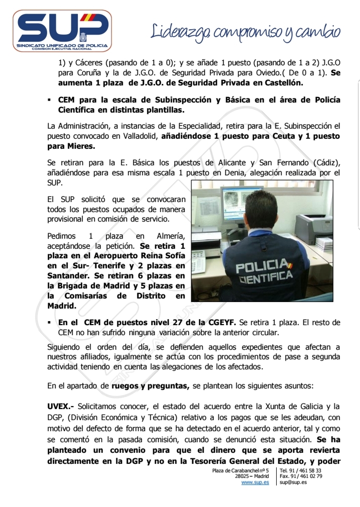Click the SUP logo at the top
[x=61, y=31]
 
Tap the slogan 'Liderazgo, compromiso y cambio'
[x=246, y=32]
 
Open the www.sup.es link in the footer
[x=255, y=482]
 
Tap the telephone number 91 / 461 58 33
[x=305, y=470]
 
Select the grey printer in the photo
[x=313, y=224]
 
